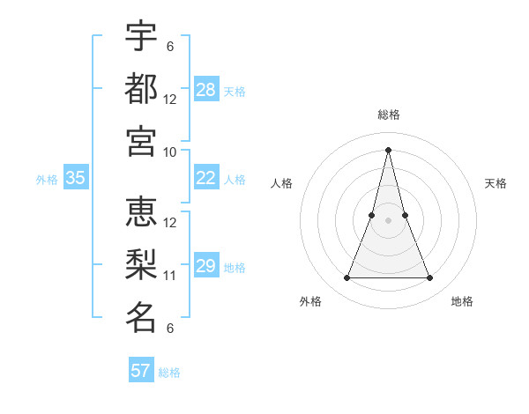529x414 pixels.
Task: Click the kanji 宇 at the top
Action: pos(141,36)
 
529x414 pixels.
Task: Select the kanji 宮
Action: pos(141,141)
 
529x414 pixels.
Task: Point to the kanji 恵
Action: pos(141,212)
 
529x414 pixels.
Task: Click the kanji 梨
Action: pos(141,264)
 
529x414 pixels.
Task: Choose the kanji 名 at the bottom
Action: pos(141,317)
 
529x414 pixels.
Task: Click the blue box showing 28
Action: pos(206,89)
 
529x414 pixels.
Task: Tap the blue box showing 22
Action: pos(206,178)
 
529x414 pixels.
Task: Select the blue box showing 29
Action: pos(206,266)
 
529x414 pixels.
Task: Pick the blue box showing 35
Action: pos(76,178)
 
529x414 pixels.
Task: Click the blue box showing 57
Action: pos(141,370)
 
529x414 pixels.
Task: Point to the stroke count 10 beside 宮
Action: pos(170,152)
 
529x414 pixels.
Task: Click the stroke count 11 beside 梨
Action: pos(170,275)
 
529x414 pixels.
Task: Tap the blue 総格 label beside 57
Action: pos(169,372)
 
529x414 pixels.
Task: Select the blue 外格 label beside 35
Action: pos(47,179)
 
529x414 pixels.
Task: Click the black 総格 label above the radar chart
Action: pos(389,115)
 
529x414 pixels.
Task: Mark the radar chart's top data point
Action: pos(389,149)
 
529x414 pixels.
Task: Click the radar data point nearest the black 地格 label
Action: pos(430,278)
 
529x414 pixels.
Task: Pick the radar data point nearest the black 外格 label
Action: pos(346,278)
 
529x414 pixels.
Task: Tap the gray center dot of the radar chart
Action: pos(389,220)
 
